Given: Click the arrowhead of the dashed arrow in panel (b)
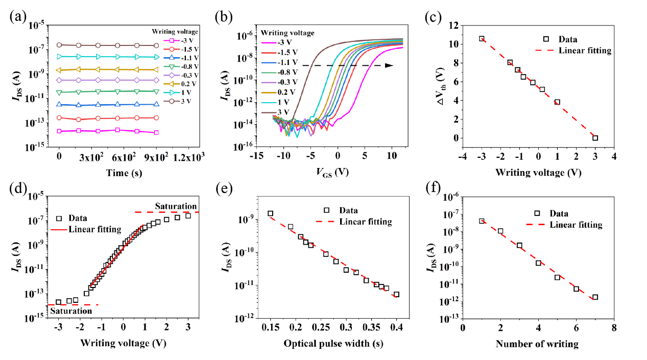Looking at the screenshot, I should click(x=389, y=65).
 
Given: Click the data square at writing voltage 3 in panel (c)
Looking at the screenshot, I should click(x=595, y=138).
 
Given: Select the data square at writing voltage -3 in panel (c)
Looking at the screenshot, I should click(x=482, y=39).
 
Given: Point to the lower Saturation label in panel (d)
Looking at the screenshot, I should click(x=75, y=310).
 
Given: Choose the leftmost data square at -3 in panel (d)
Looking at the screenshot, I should click(x=58, y=302).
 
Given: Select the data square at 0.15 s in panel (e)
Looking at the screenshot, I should click(x=271, y=213).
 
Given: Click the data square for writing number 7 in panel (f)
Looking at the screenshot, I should click(x=595, y=297).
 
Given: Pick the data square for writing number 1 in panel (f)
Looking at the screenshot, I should click(x=482, y=221).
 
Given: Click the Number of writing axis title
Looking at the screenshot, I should click(x=537, y=344).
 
